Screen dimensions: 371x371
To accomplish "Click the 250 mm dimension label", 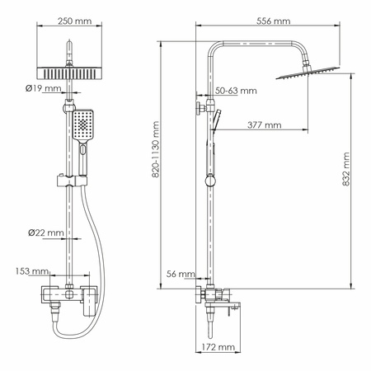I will tap(69, 20).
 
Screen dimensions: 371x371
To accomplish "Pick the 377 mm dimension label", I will tap(263, 125).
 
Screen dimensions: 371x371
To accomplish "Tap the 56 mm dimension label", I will tap(181, 274).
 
